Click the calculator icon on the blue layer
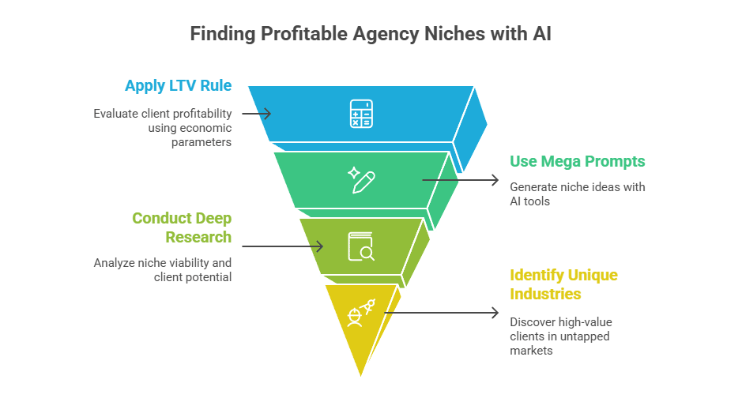(x=361, y=114)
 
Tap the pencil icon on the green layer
(x=361, y=180)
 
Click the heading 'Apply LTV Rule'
(x=178, y=85)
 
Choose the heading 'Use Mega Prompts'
(x=577, y=161)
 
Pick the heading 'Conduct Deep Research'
(x=182, y=227)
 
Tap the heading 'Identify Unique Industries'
(x=563, y=284)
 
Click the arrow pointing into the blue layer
(x=257, y=114)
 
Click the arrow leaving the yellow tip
(x=442, y=313)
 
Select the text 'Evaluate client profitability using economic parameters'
(x=163, y=128)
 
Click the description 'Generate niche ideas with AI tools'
(x=577, y=194)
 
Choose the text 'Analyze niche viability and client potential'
(x=163, y=270)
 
